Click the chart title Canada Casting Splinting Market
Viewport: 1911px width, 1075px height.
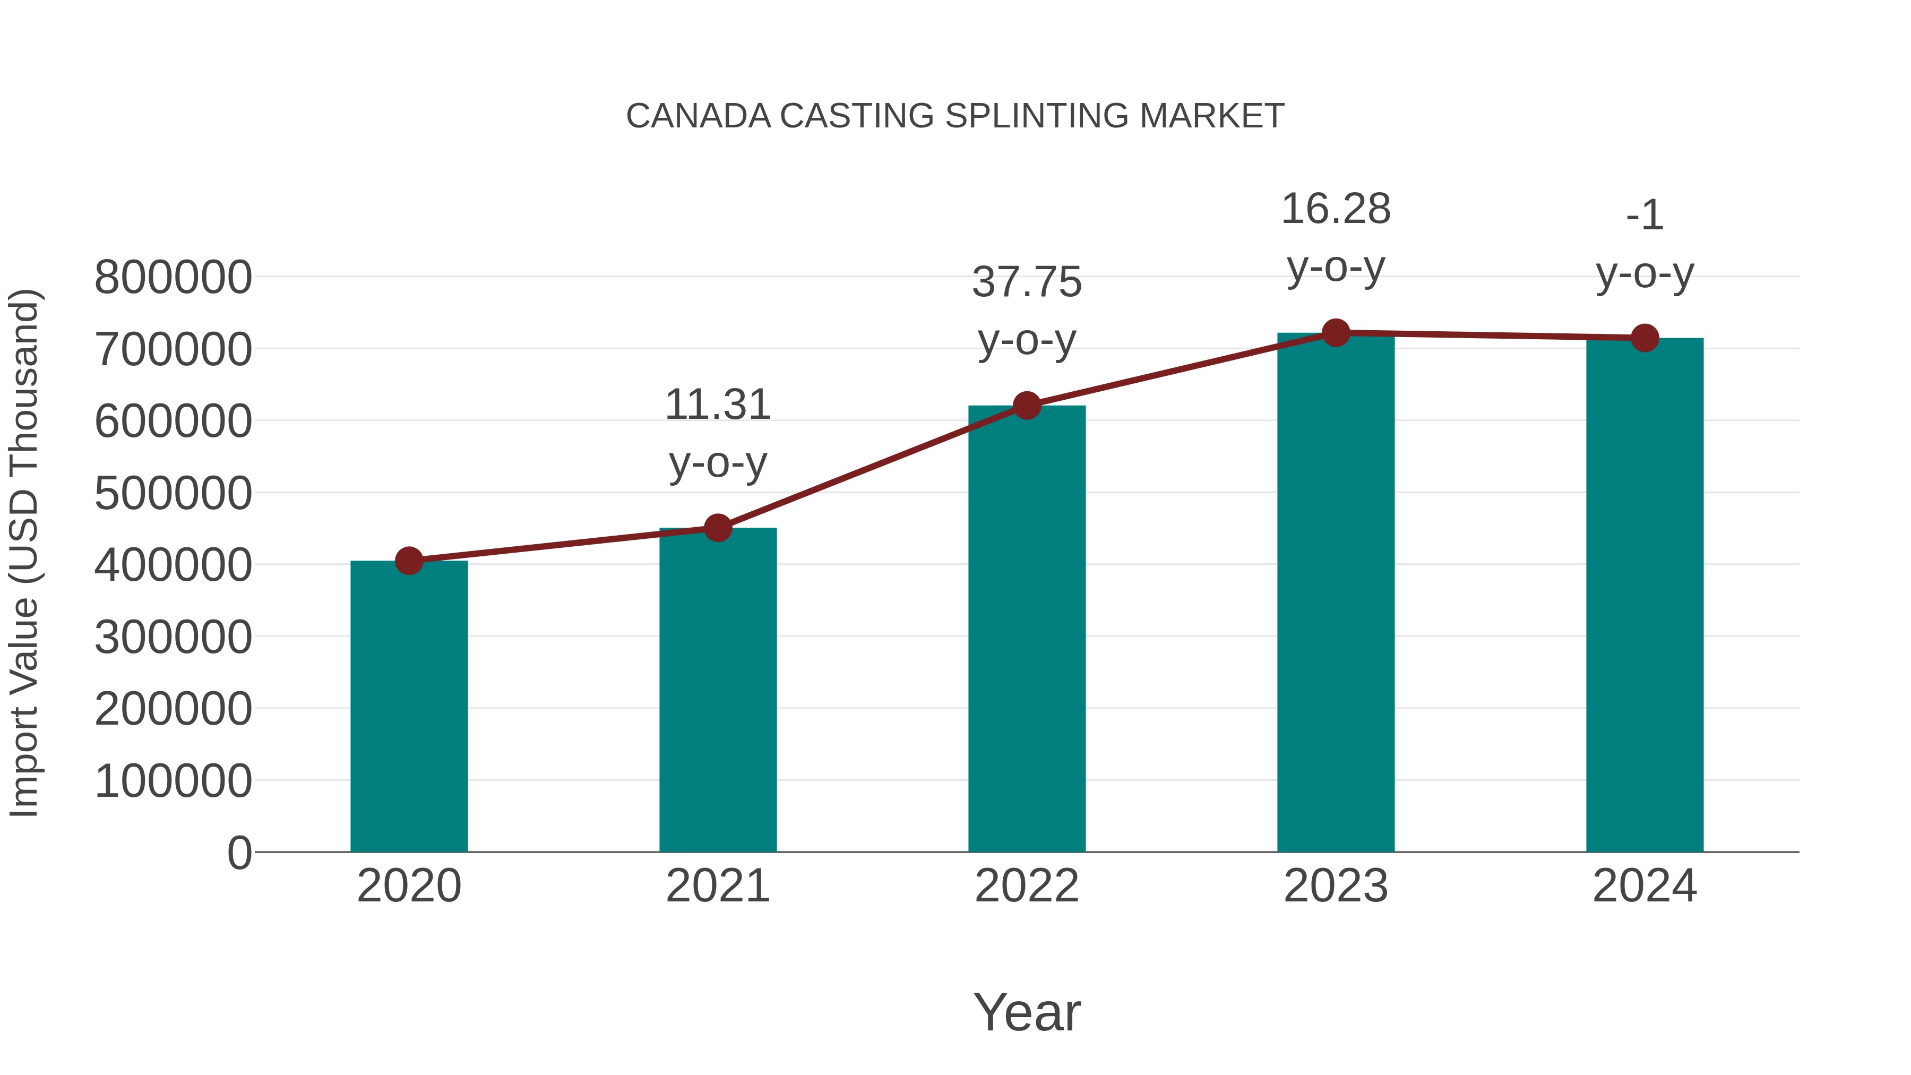tap(955, 116)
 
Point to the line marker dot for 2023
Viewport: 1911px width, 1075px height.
tap(1336, 333)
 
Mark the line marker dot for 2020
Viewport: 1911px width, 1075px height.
tap(409, 561)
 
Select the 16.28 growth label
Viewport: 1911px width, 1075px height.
tap(1336, 209)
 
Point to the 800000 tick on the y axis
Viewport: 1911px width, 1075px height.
tap(173, 278)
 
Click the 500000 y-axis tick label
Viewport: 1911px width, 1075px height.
tap(173, 493)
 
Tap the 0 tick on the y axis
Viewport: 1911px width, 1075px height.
tap(239, 853)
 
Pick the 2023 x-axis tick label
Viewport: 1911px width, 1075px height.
tap(1336, 886)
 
